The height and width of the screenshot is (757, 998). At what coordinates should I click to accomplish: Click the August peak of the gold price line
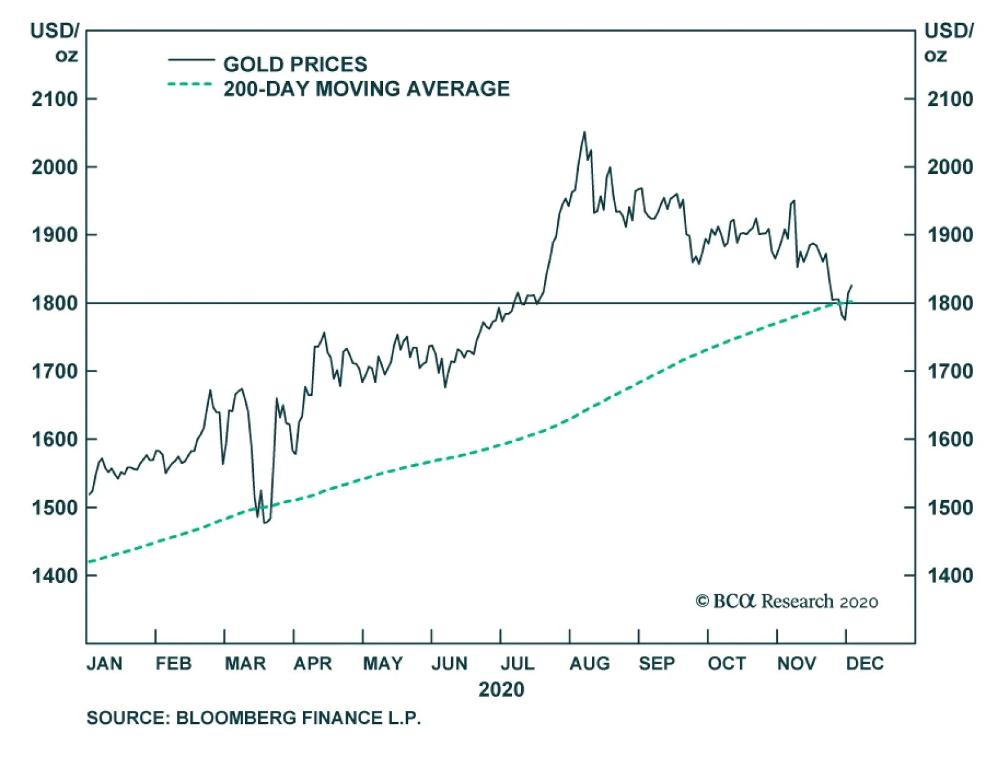point(584,132)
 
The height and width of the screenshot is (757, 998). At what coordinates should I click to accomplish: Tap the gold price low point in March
point(264,522)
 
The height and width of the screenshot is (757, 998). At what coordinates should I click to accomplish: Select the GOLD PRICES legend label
point(295,64)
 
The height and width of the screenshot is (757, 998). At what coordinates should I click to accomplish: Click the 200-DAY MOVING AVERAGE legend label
point(366,89)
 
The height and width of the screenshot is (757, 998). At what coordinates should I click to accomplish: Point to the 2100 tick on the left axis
point(55,99)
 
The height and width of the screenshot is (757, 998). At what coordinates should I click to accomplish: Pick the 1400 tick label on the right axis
point(949,576)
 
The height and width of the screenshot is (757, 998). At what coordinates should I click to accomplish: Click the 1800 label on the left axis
point(55,304)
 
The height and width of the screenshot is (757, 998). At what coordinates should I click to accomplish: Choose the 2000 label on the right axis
point(949,167)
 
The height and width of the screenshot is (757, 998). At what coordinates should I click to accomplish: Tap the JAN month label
point(104,663)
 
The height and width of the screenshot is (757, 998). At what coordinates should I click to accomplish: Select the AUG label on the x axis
point(589,663)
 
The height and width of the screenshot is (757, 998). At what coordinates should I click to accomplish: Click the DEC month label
point(865,663)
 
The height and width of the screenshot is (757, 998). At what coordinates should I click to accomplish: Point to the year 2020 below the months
point(501,690)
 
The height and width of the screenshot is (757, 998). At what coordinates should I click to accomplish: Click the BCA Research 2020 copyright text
point(787,601)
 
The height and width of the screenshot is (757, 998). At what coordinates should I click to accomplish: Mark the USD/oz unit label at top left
point(55,42)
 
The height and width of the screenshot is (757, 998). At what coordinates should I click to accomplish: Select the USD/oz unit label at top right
point(948,42)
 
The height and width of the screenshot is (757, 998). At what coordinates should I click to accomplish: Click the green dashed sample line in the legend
point(190,84)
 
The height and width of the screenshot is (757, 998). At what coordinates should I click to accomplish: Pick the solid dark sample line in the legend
point(191,60)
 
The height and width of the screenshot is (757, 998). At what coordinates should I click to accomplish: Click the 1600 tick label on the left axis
point(55,440)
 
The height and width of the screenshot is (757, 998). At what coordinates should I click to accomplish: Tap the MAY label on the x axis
point(382,663)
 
